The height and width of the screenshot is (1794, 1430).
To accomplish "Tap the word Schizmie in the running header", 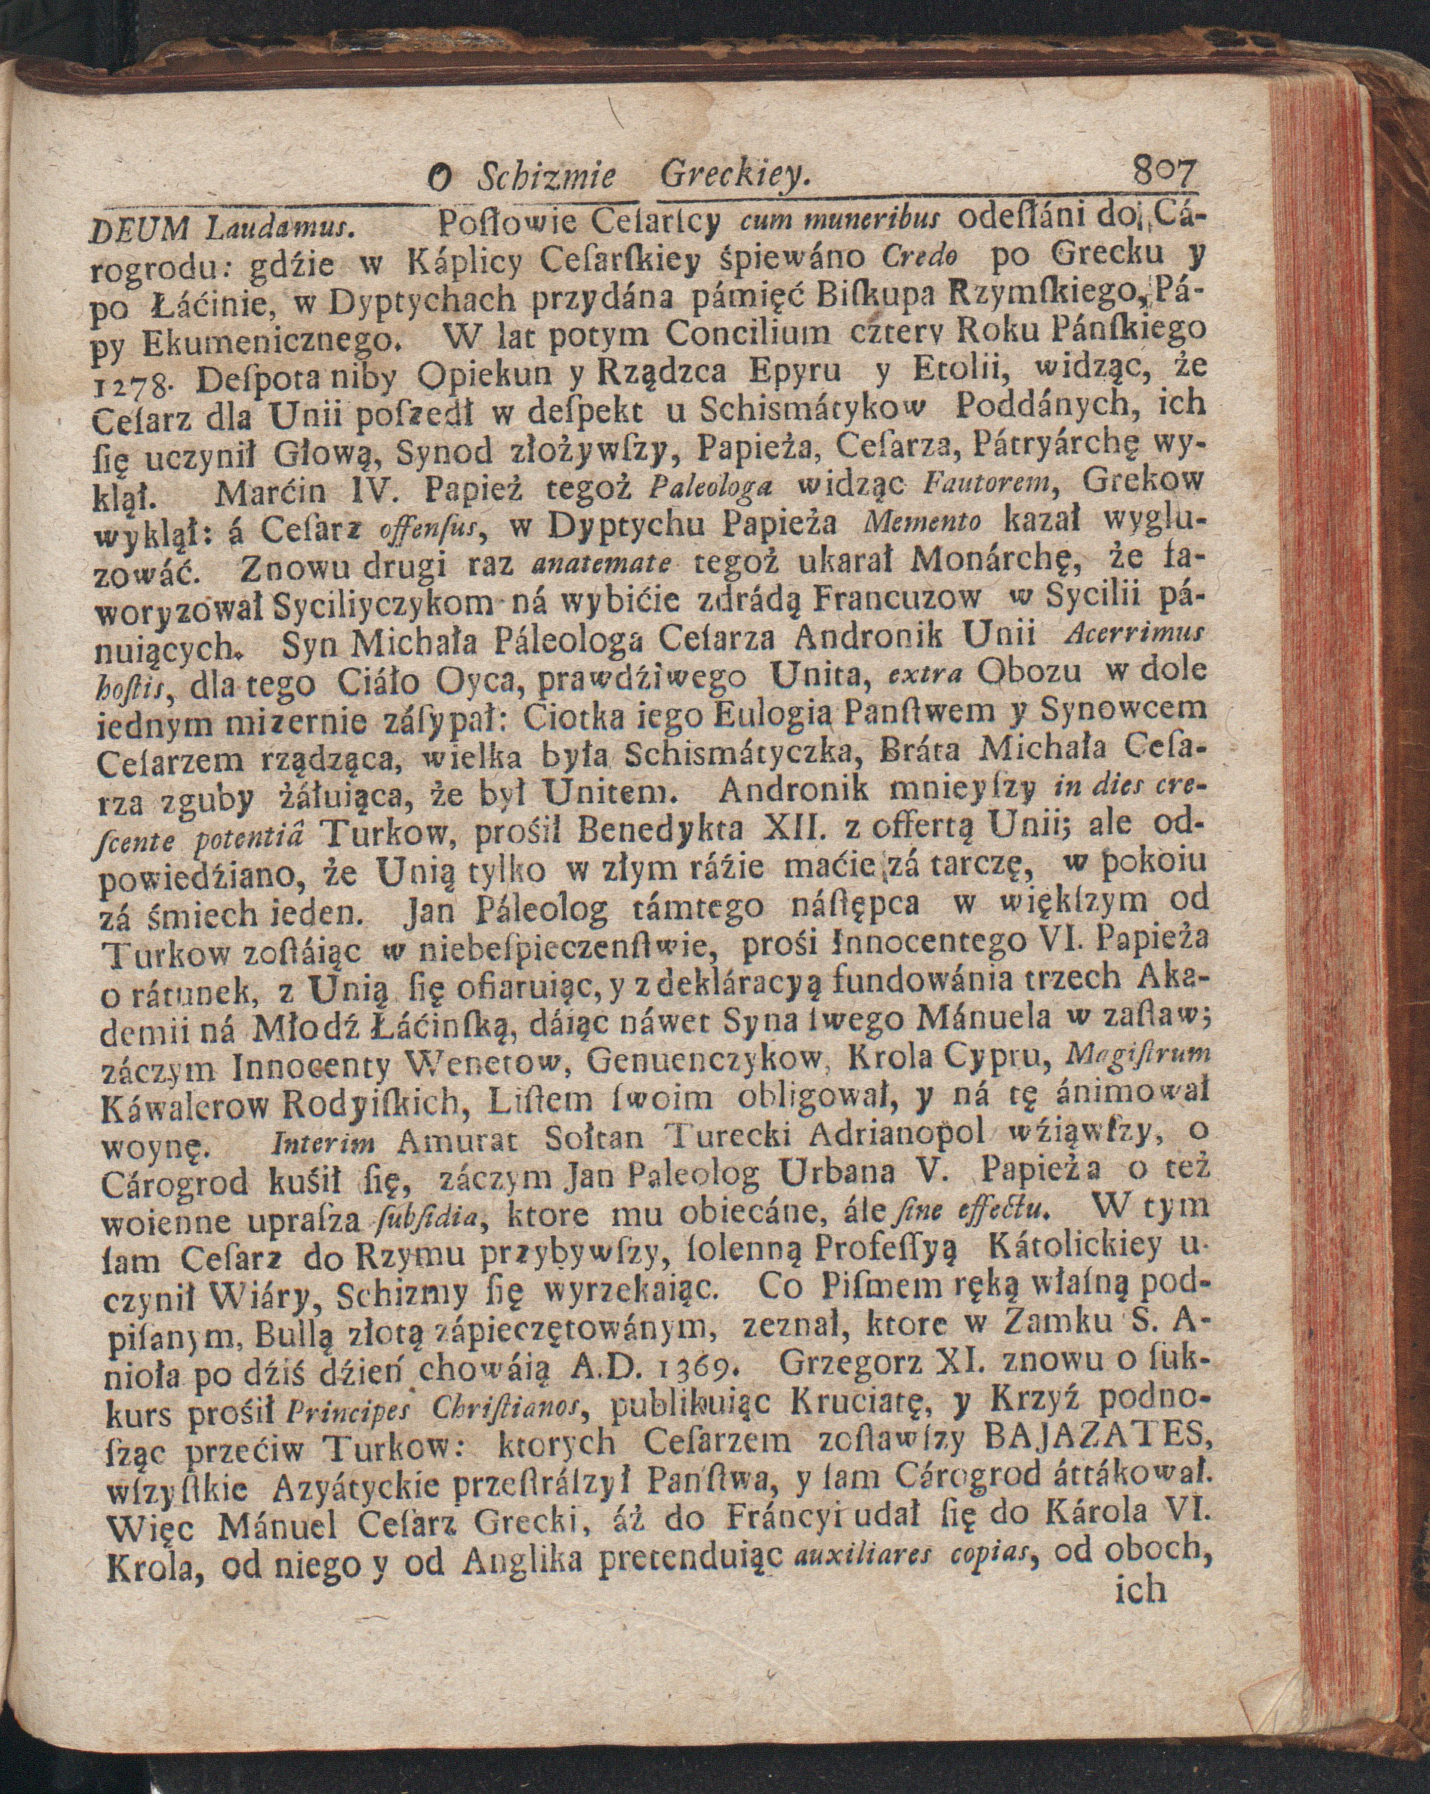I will coord(546,177).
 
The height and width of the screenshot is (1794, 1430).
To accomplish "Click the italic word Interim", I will coord(328,1145).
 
